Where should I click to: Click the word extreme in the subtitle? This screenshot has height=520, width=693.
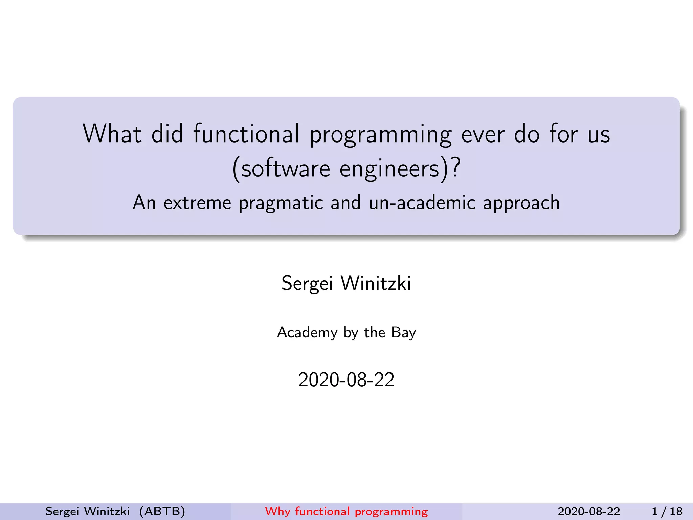coord(197,203)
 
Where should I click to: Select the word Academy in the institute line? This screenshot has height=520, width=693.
coord(307,333)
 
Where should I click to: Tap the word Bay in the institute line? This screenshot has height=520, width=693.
coord(403,333)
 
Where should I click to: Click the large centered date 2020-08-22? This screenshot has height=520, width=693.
coord(346,380)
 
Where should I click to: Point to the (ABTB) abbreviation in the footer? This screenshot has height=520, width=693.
coord(162,511)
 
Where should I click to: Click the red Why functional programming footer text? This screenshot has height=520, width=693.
coord(346,511)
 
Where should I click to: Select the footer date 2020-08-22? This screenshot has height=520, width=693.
coord(589,511)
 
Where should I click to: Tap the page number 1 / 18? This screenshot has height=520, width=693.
coord(667,511)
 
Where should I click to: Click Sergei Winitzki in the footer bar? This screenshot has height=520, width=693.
coord(88,511)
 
